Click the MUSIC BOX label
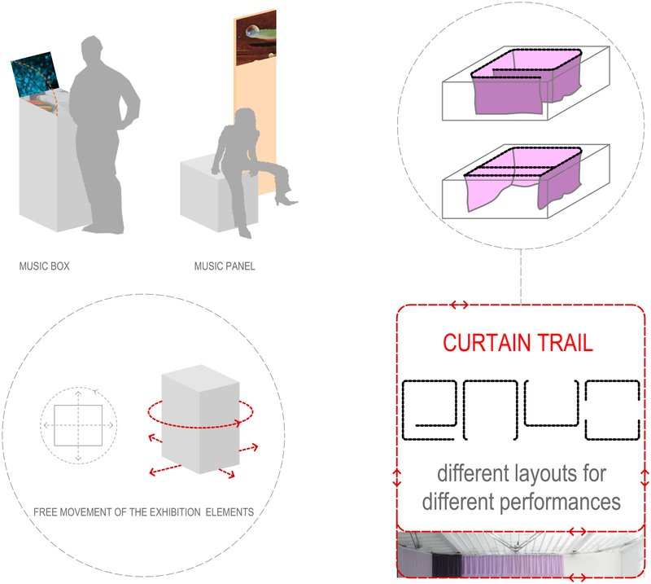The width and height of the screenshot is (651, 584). coord(44,266)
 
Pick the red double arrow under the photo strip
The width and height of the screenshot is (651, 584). coord(579,577)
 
